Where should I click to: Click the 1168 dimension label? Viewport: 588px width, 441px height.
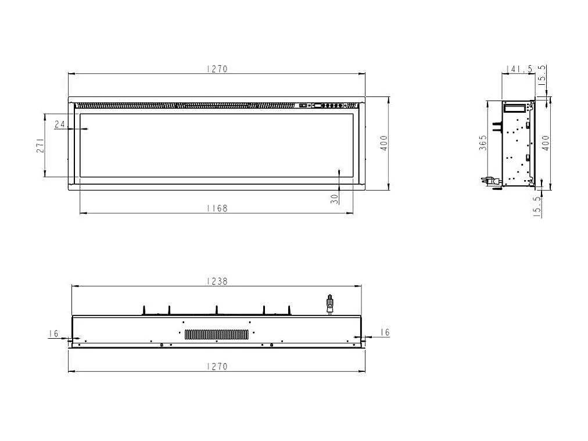point(216,208)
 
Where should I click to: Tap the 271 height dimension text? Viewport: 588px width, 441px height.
point(40,145)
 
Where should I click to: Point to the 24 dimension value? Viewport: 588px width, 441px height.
point(60,124)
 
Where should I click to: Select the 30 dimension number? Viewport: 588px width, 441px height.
point(334,198)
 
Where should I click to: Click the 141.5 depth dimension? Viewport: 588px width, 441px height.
point(519,69)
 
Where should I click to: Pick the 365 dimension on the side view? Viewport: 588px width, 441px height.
point(483,143)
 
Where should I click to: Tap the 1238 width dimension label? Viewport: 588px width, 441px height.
point(216,281)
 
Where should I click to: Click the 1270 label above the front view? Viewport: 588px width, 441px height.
point(216,69)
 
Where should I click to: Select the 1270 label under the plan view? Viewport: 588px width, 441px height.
point(216,366)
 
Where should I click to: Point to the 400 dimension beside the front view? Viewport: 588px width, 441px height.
point(383,143)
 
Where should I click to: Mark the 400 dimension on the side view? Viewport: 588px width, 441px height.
point(545,143)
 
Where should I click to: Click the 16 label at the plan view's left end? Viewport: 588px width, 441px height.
point(53,334)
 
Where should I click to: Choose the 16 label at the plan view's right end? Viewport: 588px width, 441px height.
point(384,332)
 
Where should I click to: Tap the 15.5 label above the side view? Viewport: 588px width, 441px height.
point(542,76)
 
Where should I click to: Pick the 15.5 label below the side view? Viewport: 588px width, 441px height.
point(537,206)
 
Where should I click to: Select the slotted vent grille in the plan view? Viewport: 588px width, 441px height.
point(217,334)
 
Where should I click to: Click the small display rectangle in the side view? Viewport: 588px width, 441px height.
point(514,107)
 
